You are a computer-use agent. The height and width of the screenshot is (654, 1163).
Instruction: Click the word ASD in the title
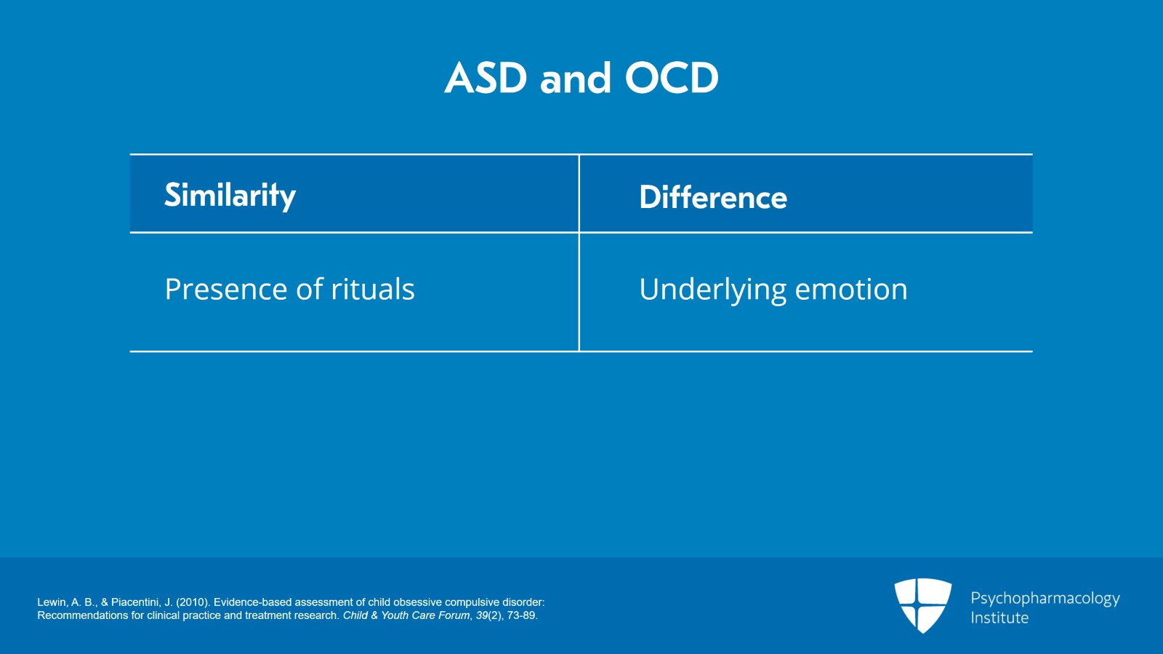pyautogui.click(x=486, y=78)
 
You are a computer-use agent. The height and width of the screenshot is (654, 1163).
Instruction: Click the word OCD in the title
pyautogui.click(x=672, y=78)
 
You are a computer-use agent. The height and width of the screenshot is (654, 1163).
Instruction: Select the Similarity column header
pyautogui.click(x=230, y=195)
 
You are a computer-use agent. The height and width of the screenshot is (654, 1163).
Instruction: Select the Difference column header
pyautogui.click(x=712, y=197)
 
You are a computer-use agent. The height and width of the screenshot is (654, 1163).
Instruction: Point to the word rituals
pyautogui.click(x=373, y=290)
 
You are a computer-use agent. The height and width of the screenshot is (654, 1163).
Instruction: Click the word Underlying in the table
pyautogui.click(x=712, y=290)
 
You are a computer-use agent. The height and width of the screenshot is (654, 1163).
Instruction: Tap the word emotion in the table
pyautogui.click(x=850, y=290)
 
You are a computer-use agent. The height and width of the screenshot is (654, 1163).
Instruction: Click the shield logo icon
pyautogui.click(x=922, y=605)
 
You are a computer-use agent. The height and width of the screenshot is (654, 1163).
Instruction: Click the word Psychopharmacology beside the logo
pyautogui.click(x=1045, y=599)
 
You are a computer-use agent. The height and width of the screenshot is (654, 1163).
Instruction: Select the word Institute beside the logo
pyautogui.click(x=999, y=618)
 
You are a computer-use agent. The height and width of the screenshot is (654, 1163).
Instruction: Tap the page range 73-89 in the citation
pyautogui.click(x=522, y=615)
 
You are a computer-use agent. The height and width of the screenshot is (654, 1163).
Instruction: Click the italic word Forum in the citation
pyautogui.click(x=454, y=615)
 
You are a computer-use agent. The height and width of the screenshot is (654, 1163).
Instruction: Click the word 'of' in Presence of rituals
pyautogui.click(x=309, y=290)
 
